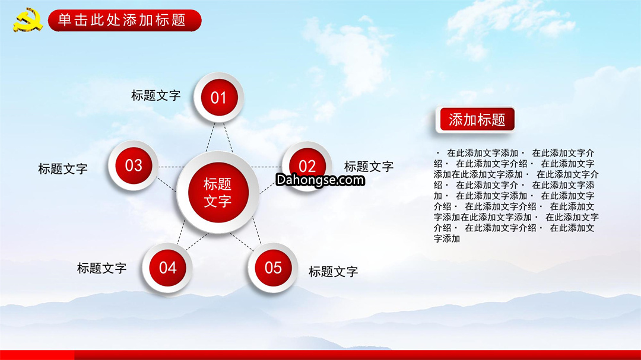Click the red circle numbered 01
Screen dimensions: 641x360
(x=218, y=98)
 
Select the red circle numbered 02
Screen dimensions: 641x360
(x=307, y=166)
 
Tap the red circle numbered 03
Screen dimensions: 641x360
(x=134, y=165)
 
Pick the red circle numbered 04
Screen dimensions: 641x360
(x=167, y=267)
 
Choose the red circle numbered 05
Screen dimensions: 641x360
(x=273, y=267)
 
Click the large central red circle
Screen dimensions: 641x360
(x=218, y=193)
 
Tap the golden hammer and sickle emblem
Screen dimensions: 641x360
(x=27, y=20)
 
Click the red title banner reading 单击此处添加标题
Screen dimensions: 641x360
(x=125, y=20)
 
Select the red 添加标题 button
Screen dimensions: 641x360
(x=477, y=120)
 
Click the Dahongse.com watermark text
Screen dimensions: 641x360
(x=320, y=180)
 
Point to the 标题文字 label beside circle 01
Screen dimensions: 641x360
(x=156, y=95)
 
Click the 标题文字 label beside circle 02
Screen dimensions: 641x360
(x=369, y=166)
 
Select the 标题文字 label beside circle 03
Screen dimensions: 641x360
(x=62, y=169)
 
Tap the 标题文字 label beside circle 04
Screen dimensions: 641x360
(x=102, y=268)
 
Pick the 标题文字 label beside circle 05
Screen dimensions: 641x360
(x=333, y=271)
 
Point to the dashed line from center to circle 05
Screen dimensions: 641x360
(x=257, y=231)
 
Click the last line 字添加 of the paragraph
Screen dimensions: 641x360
(x=447, y=238)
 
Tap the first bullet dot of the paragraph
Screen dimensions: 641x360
(x=438, y=153)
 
